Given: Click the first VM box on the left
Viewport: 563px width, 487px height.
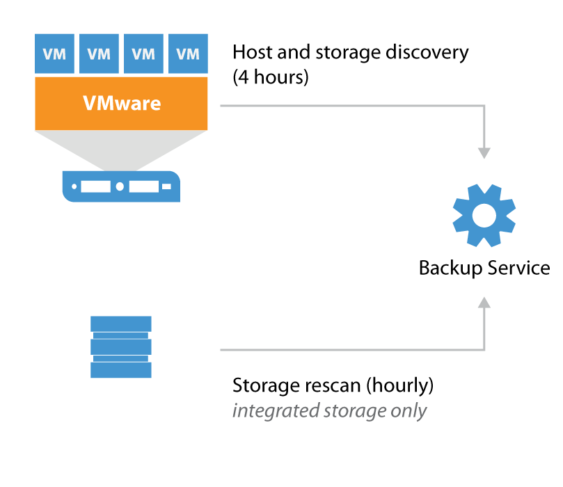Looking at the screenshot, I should [55, 53].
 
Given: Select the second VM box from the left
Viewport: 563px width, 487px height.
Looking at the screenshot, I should [100, 53].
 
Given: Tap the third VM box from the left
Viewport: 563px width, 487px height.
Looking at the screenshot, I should [143, 53].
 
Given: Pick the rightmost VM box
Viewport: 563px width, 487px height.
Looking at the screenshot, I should [187, 53].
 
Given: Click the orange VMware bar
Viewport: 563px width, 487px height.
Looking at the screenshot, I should [122, 104].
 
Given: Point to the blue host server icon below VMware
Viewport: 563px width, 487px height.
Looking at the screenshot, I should [121, 186].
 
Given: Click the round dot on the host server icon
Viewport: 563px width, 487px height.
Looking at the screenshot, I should [120, 186].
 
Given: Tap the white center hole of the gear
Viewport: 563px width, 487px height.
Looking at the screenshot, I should [484, 214].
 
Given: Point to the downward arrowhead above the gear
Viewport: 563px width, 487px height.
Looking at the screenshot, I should [484, 153].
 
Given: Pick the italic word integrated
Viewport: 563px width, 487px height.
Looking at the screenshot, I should [275, 410].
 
